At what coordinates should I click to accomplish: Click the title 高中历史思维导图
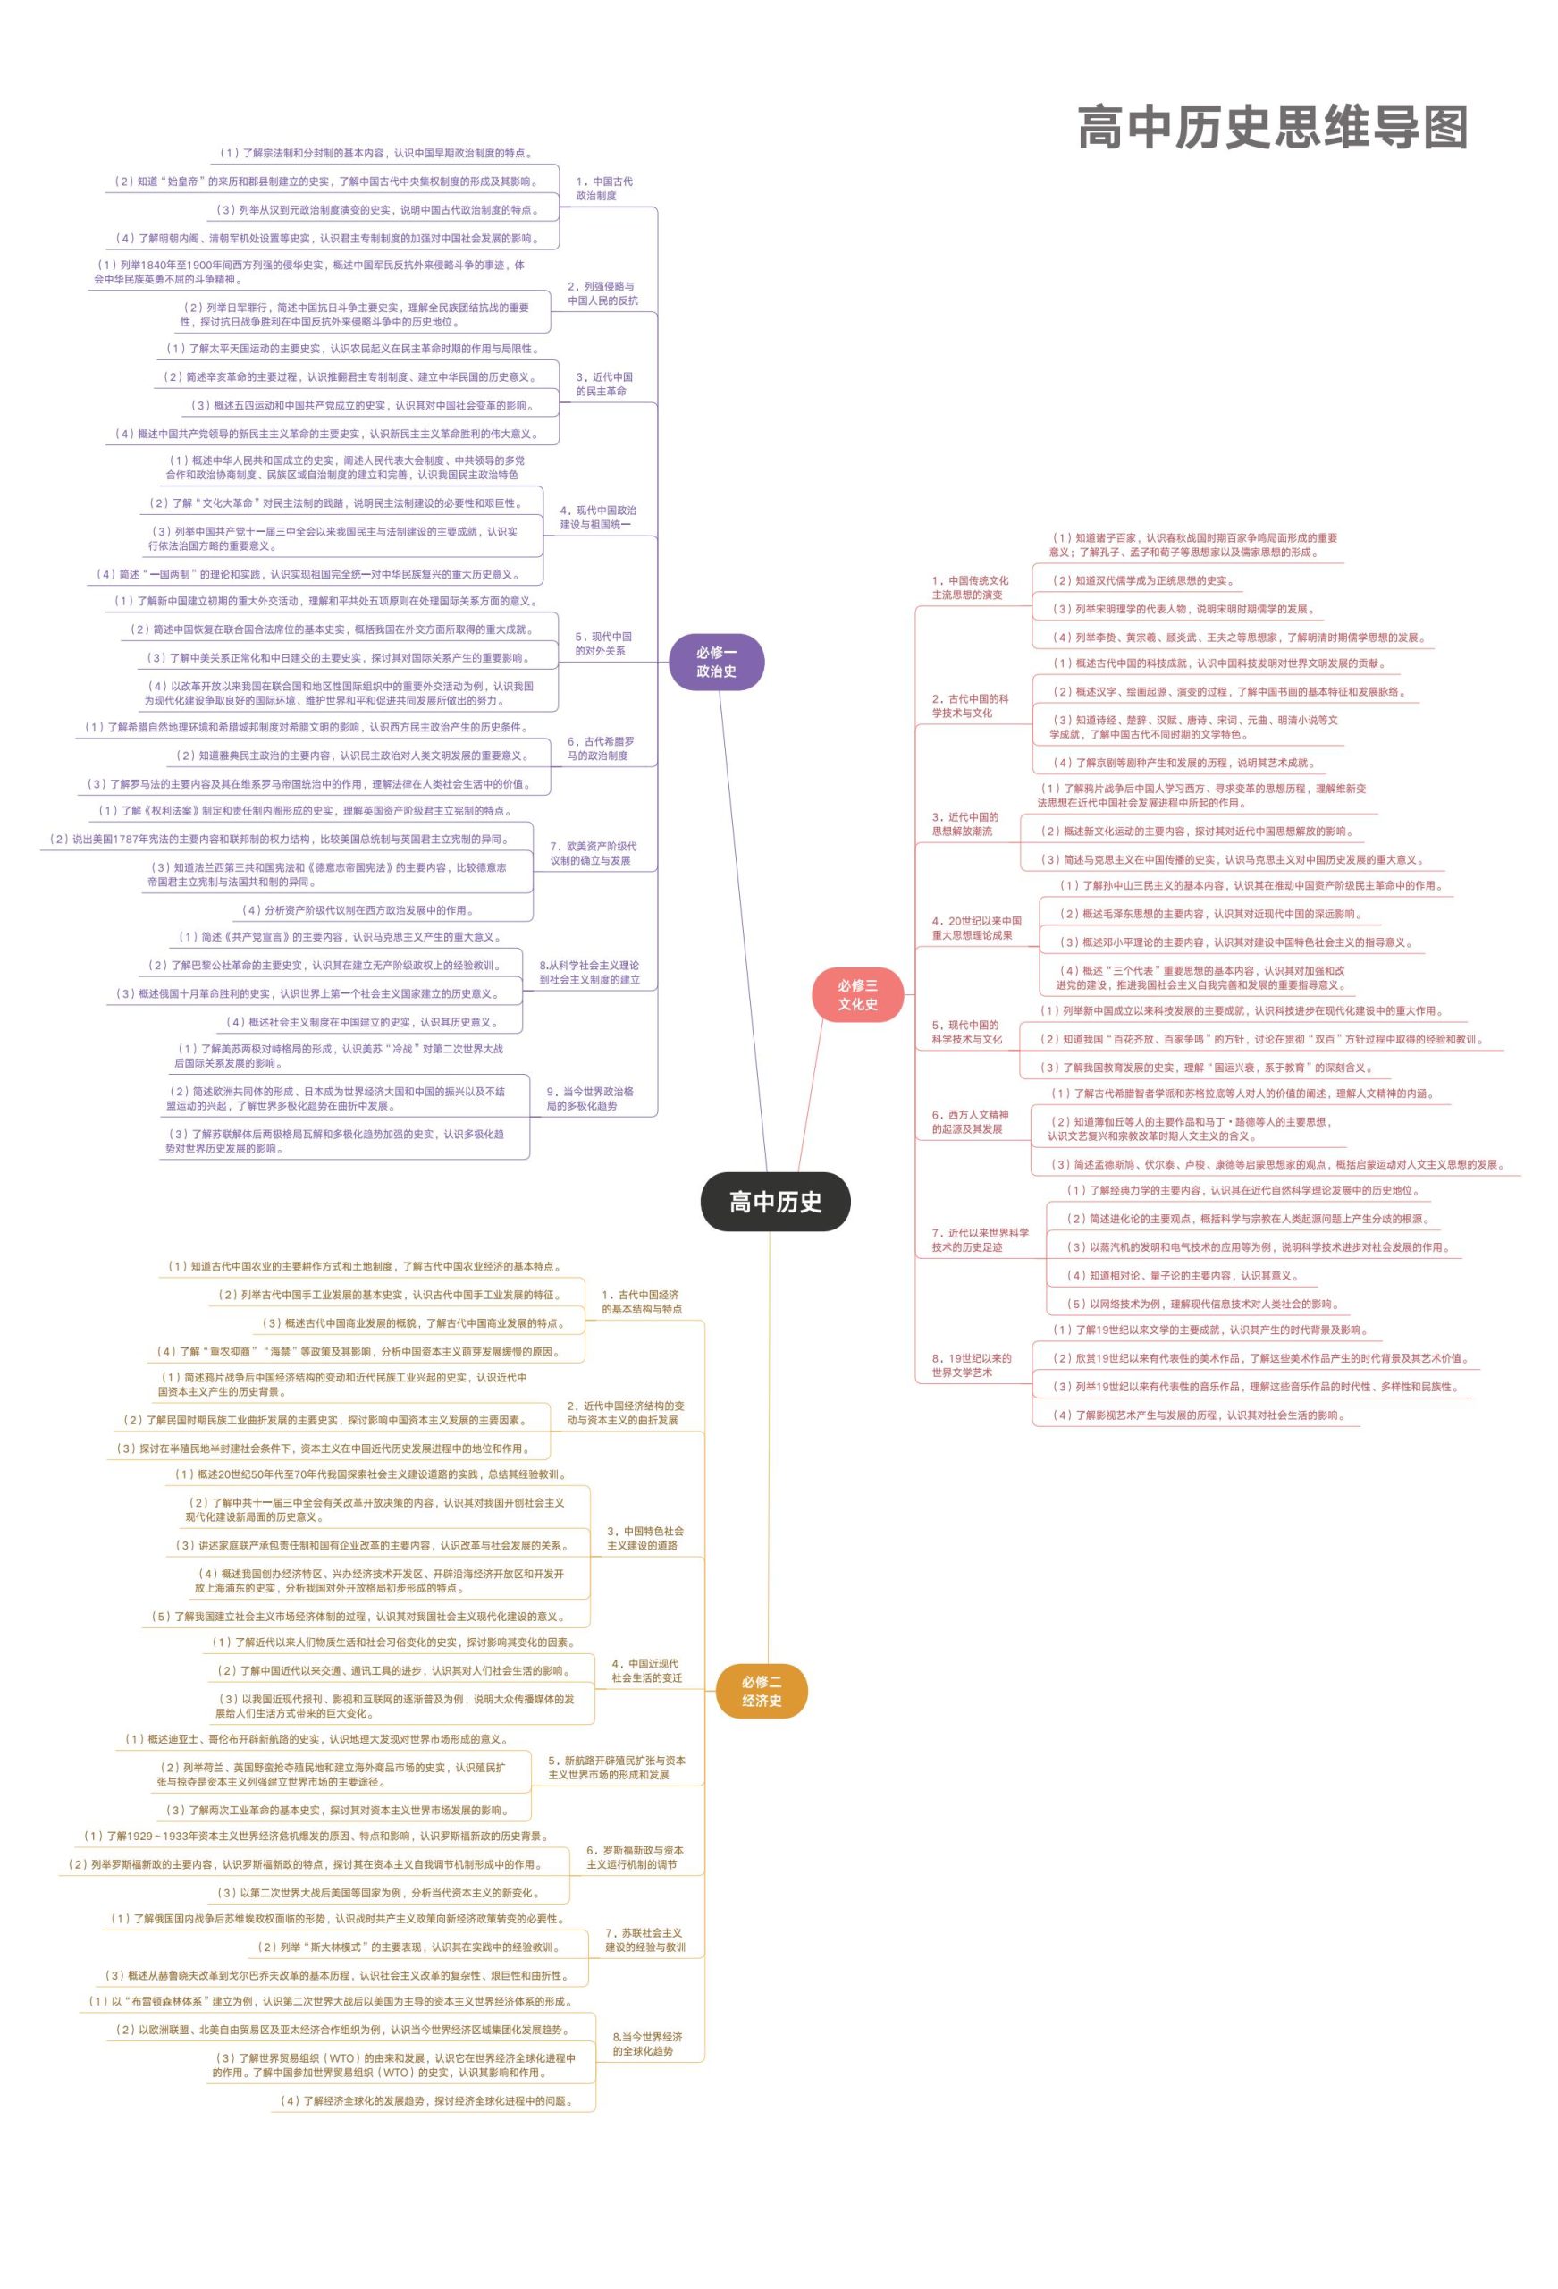(x=1271, y=128)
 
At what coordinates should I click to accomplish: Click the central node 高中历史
(x=775, y=1202)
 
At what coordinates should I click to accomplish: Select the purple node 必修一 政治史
(x=716, y=662)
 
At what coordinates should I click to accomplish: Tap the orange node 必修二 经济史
(x=762, y=1691)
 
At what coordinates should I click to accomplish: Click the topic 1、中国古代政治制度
(x=603, y=188)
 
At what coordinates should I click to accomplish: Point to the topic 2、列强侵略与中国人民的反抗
(x=602, y=293)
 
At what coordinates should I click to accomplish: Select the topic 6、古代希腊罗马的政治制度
(x=600, y=748)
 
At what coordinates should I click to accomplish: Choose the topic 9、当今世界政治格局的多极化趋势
(x=589, y=1098)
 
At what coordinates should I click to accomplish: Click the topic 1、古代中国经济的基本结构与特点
(x=641, y=1301)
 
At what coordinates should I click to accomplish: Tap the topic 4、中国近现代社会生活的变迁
(x=646, y=1670)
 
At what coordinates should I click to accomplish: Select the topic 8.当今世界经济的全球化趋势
(x=646, y=2044)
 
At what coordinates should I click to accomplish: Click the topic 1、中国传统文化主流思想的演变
(x=970, y=588)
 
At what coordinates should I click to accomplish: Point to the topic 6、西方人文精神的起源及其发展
(x=970, y=1122)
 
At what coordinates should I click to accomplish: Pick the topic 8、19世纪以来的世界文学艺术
(x=971, y=1365)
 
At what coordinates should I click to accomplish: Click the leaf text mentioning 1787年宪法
(x=279, y=840)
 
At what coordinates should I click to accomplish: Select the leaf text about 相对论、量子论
(x=1183, y=1276)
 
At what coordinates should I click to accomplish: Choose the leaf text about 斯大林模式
(x=408, y=1947)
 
